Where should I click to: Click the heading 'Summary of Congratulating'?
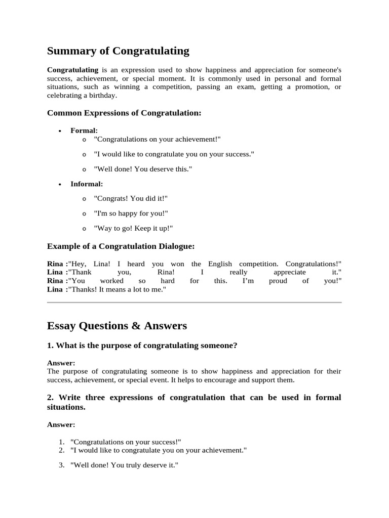coord(118,51)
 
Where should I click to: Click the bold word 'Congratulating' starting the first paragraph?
coord(72,69)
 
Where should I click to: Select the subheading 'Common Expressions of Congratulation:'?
coord(124,113)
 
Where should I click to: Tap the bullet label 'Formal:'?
coord(84,131)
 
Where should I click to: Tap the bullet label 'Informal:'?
coord(87,184)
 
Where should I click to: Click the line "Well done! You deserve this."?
coord(143,169)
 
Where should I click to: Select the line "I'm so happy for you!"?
coord(131,213)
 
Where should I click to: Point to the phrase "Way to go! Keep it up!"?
coord(133,228)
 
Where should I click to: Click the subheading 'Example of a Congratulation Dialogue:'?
coord(121,246)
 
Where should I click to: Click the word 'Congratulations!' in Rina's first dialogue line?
coord(313,264)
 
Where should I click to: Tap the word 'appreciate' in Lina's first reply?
coord(289,272)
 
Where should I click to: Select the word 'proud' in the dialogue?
coord(278,281)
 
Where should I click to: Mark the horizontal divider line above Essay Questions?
coord(194,303)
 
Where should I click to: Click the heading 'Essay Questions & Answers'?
coord(117,326)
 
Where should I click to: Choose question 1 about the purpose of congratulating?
coord(142,346)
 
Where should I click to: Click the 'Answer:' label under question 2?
coord(61,424)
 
